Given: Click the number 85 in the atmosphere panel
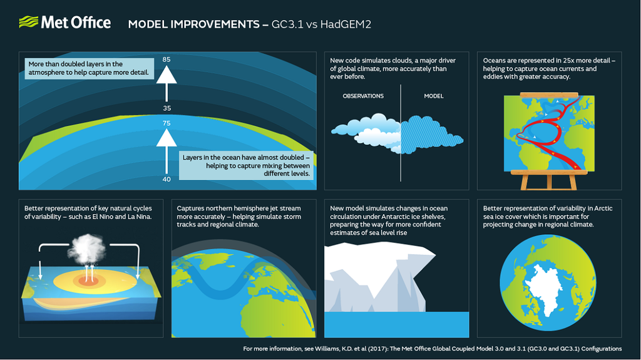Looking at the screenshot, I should (166, 59).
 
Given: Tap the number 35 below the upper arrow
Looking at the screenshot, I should (166, 108).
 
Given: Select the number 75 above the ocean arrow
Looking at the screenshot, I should (166, 123).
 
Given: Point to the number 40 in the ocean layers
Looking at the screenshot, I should (166, 179).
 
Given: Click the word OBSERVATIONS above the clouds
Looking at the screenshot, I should (363, 96).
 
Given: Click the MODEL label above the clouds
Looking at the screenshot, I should (433, 96).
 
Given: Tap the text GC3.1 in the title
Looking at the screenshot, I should (287, 24).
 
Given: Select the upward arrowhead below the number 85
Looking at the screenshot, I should (166, 75).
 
